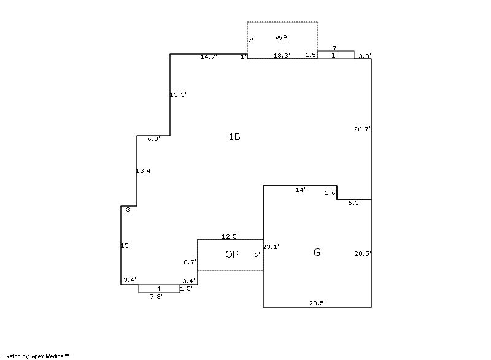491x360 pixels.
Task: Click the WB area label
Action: pos(281,38)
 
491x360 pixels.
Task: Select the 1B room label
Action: pos(234,137)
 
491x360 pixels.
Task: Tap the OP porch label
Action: pos(232,255)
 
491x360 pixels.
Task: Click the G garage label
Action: pos(317,252)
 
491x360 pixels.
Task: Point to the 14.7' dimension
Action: pos(209,56)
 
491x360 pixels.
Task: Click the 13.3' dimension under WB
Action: pos(282,56)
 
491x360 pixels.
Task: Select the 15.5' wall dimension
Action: pos(178,94)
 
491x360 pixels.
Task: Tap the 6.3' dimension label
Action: pos(154,139)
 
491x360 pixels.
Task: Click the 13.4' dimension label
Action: pos(144,170)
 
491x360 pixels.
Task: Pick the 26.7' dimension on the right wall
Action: pos(362,129)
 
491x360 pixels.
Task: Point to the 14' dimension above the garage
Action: pos(301,190)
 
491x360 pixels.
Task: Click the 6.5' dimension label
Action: pos(355,202)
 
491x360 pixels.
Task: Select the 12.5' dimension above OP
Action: pos(231,236)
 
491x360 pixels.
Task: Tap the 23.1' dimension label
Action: pos(271,247)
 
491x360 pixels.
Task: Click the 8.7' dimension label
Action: pos(190,262)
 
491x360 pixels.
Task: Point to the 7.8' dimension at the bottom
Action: pos(157,296)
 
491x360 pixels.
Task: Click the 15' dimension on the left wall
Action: pos(126,245)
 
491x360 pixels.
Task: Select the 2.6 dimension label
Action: pos(330,193)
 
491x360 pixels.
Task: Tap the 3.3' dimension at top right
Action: pos(365,56)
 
